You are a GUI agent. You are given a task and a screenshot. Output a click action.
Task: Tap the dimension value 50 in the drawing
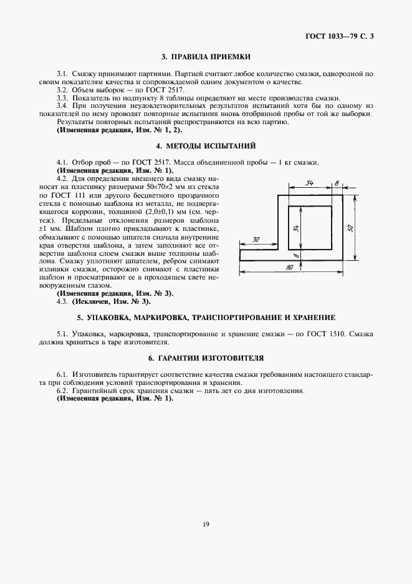pos(350,228)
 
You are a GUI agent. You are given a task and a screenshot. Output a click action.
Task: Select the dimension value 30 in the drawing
pos(256,239)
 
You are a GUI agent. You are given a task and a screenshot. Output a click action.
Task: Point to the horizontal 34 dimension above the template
pos(309,183)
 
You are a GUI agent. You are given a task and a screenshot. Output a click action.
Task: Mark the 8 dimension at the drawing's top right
pos(336,183)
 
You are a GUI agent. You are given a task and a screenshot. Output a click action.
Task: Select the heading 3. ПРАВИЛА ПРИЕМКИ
pos(206,57)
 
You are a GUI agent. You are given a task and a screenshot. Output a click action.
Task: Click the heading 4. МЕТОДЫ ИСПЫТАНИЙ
pos(206,147)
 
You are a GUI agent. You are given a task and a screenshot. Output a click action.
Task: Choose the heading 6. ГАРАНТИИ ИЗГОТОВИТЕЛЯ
pos(206,359)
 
